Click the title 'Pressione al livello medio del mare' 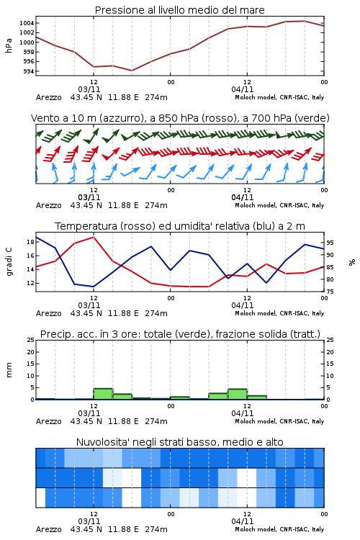[179, 10]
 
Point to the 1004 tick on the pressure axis [27, 24]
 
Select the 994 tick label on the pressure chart [29, 71]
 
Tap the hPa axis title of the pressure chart [9, 45]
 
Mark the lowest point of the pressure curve [132, 71]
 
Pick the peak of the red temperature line [94, 237]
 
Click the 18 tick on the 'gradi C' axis [30, 242]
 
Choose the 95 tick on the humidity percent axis [330, 243]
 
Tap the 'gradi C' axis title [9, 262]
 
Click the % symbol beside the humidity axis [352, 262]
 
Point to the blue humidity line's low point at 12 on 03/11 [94, 287]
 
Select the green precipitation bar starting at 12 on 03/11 [103, 394]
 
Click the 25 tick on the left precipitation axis [30, 340]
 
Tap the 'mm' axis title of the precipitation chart [9, 370]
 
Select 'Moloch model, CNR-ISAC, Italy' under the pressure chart [279, 97]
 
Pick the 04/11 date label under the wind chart [243, 197]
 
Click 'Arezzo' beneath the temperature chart [48, 313]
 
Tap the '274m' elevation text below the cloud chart [156, 529]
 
